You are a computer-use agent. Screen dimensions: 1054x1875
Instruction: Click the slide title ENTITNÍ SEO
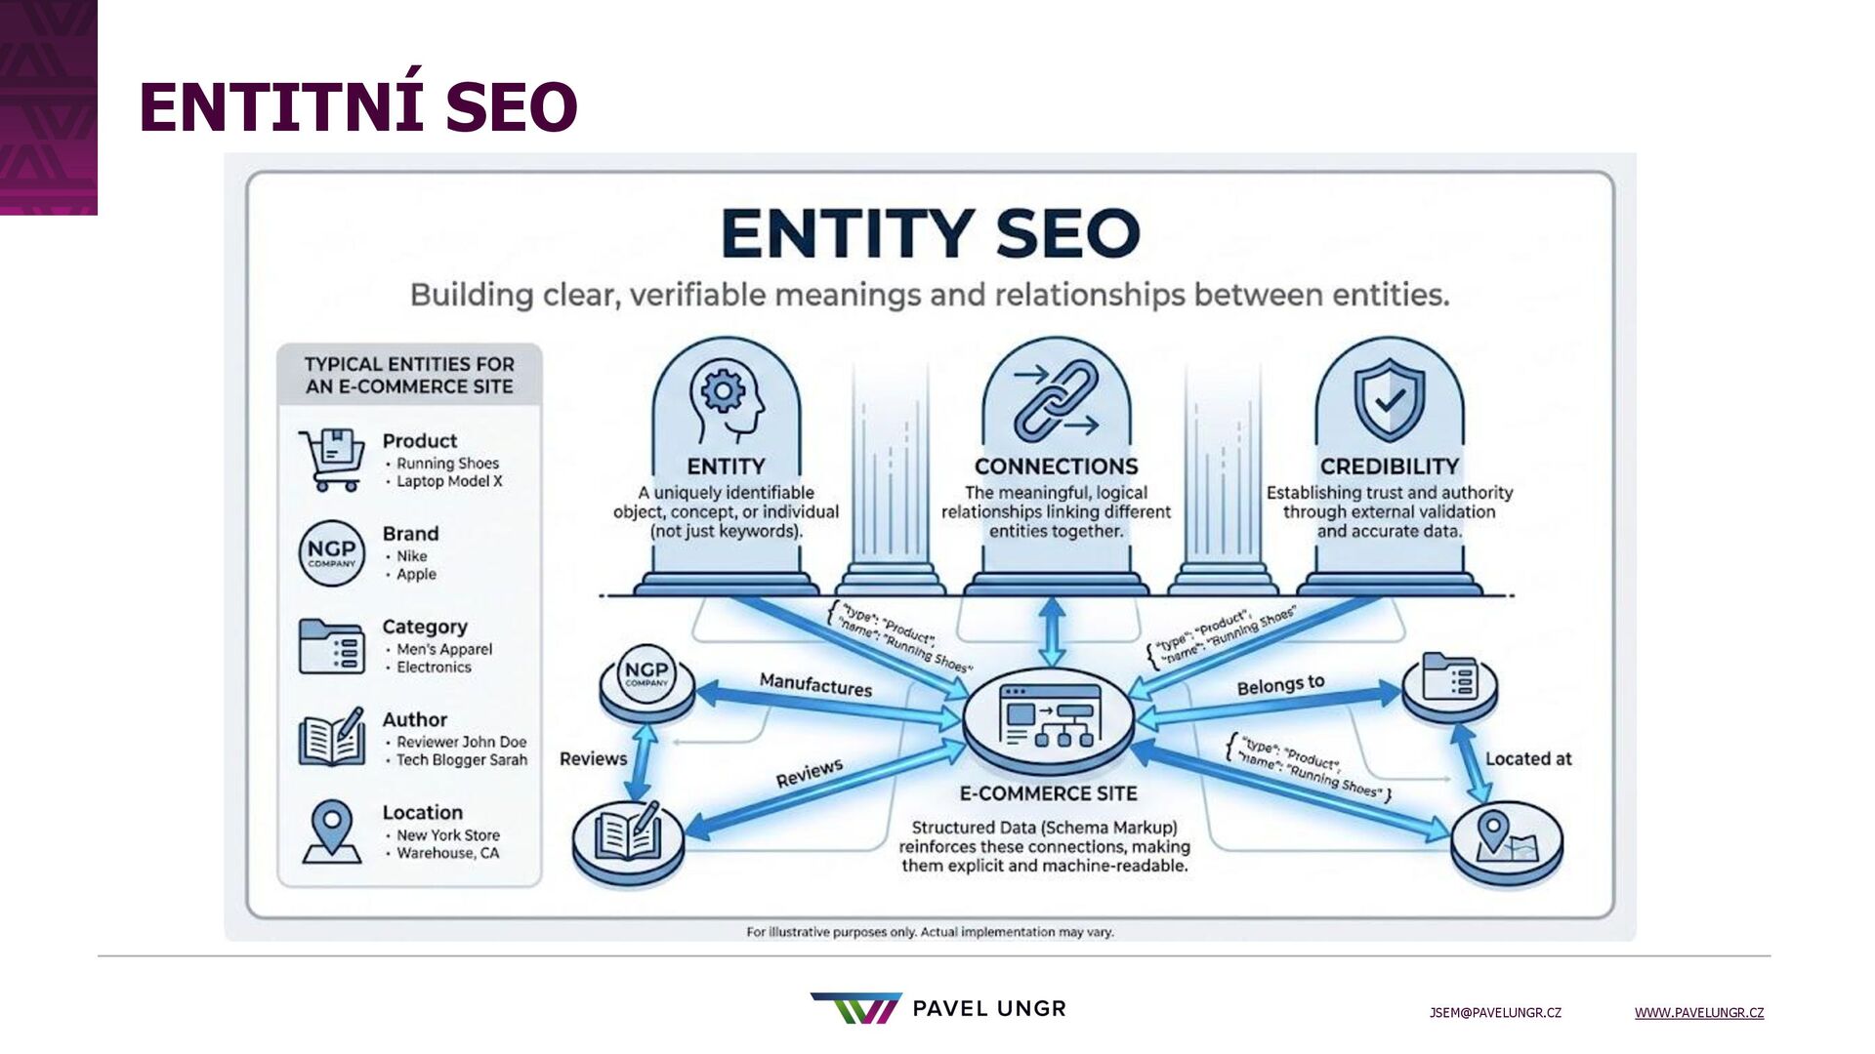357,106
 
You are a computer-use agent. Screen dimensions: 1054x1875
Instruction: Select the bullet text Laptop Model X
448,481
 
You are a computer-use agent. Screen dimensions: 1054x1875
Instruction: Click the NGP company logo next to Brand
331,552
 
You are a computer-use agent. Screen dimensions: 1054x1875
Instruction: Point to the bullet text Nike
411,556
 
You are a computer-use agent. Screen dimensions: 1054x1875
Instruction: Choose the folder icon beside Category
331,646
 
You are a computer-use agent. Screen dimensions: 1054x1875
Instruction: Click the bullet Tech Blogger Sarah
461,760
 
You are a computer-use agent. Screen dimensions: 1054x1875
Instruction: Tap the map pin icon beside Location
331,831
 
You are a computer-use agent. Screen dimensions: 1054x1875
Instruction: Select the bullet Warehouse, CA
447,853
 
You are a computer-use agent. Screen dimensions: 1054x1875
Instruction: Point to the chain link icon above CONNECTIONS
1056,400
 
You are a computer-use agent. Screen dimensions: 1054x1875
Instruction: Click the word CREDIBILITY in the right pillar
1389,466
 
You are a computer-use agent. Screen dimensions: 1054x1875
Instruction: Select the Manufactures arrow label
815,685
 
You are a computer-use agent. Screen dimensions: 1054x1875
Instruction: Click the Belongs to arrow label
1280,685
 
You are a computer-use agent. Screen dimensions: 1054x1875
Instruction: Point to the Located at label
1528,759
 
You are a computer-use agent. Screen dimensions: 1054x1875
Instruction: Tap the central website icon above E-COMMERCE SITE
1049,716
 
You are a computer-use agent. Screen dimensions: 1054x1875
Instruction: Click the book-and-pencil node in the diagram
628,837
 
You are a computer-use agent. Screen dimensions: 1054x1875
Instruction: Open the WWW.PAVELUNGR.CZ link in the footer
1698,1013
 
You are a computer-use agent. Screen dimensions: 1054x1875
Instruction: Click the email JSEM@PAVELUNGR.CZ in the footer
1495,1013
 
